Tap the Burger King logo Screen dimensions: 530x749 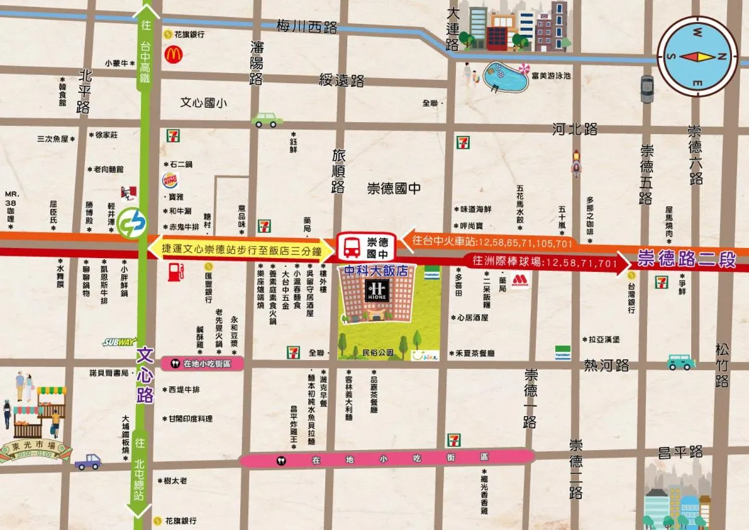click(170, 181)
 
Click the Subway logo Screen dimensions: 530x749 click(119, 342)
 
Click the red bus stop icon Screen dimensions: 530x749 click(350, 247)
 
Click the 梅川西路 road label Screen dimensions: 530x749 click(307, 27)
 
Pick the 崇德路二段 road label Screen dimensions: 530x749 click(687, 259)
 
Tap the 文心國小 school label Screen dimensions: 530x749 click(204, 103)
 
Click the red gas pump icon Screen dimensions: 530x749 click(175, 272)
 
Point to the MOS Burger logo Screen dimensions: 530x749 click(519, 281)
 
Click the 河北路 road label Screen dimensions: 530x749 click(575, 130)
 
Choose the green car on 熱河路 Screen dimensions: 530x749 click(680, 361)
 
